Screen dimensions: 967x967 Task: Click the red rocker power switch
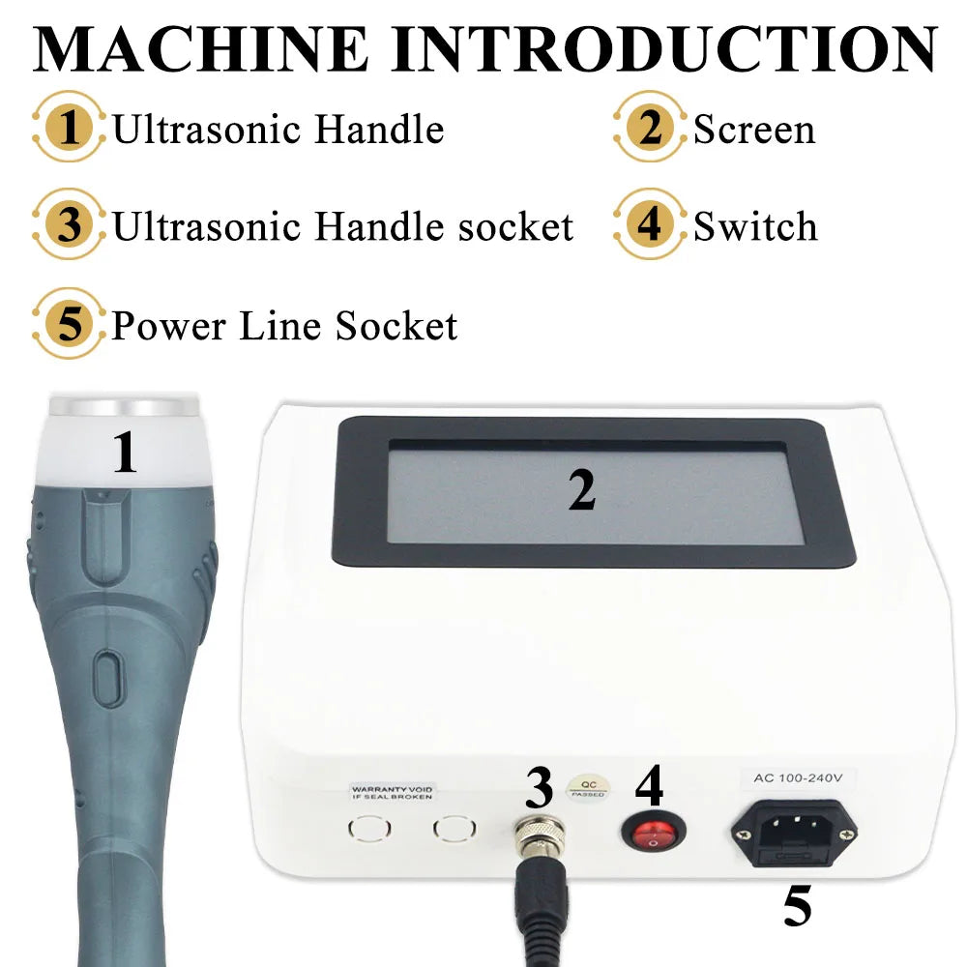[651, 833]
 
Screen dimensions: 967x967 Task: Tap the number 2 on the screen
[581, 490]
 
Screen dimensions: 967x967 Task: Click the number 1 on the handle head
[125, 452]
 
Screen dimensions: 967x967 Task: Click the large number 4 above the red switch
[649, 784]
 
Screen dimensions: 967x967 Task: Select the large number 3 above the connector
[539, 788]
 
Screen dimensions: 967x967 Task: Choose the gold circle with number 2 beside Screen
[650, 129]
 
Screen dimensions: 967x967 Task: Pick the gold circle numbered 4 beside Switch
[650, 226]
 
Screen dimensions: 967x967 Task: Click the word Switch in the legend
[755, 226]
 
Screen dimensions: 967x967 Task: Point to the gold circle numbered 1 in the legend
[69, 129]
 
